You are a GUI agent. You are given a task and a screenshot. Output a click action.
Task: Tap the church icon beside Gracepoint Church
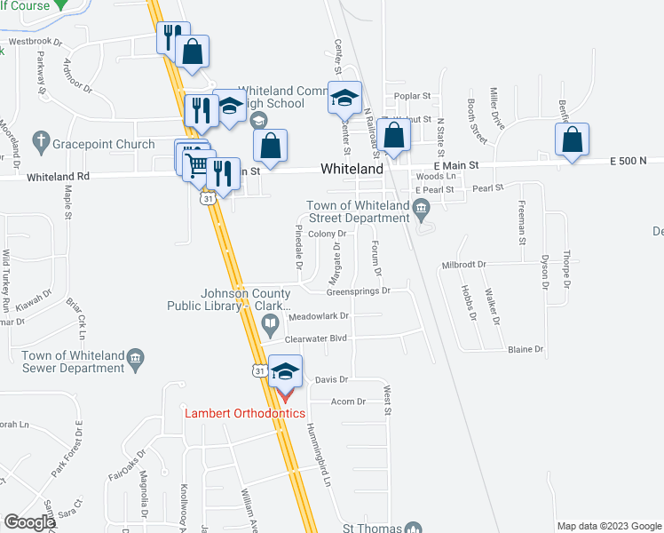tap(39, 139)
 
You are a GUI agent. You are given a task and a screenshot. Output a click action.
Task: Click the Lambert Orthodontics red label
tap(244, 414)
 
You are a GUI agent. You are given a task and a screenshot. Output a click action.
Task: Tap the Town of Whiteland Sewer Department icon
tap(135, 360)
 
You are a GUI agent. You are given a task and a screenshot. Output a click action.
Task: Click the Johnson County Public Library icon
tap(272, 321)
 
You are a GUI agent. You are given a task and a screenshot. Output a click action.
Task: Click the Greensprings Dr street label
tap(359, 290)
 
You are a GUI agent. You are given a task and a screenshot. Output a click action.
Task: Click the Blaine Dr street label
tap(525, 349)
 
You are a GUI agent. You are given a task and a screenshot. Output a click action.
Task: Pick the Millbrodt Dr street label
tap(464, 265)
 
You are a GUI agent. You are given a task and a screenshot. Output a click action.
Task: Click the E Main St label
tap(455, 165)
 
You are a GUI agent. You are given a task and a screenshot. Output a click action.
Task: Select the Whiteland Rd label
tap(59, 177)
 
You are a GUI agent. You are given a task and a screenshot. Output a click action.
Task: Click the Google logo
tap(28, 521)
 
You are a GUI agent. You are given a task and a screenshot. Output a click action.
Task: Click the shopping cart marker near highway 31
tap(197, 163)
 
